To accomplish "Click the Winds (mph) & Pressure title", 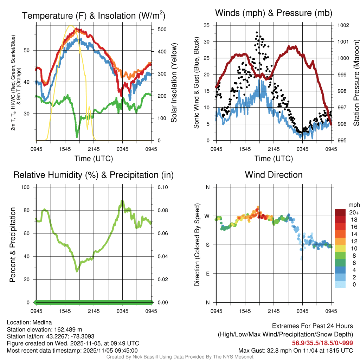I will point(274,13).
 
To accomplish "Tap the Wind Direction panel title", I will point(274,175).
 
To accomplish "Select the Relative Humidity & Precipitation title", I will point(94,175).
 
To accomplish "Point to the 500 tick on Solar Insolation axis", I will point(162,29).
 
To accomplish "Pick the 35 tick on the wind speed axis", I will point(207,25).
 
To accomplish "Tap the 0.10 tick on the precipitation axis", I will point(162,187).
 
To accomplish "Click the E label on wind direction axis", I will point(207,274).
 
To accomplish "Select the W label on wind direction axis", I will point(207,216).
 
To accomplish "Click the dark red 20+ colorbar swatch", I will point(340,212).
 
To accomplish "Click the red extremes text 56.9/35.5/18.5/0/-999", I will point(322,343).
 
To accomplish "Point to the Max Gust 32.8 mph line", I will point(296,350).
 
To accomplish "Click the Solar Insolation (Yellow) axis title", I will point(174,83).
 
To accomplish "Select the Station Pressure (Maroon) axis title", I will point(355,83).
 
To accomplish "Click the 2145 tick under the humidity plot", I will point(94,311).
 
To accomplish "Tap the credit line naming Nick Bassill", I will point(180,357).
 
